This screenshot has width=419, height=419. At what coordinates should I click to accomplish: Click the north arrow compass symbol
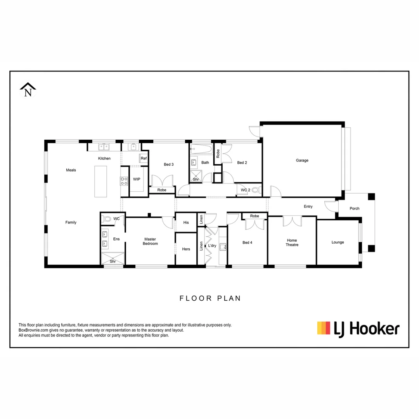28,90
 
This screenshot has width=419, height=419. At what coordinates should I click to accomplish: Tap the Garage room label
302,160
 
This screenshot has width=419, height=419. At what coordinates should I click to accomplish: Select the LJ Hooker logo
358,329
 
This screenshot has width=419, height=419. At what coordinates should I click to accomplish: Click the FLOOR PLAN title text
210,298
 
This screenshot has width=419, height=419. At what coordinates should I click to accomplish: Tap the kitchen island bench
100,181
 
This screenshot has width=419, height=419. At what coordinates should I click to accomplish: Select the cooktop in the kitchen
124,181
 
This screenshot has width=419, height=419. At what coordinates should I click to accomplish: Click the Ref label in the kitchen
144,158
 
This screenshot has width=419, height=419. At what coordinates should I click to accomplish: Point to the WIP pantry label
137,179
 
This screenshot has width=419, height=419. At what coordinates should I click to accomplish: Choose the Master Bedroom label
150,241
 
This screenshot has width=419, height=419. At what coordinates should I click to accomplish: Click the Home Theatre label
292,242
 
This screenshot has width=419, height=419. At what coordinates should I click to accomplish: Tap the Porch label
355,208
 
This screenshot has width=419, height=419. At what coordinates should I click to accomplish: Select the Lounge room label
338,242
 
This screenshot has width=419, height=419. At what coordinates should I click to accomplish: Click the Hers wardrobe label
186,249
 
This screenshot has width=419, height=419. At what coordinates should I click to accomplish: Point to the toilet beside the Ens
107,219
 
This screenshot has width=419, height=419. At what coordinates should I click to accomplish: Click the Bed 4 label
247,243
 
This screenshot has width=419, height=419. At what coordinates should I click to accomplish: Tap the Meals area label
71,170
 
